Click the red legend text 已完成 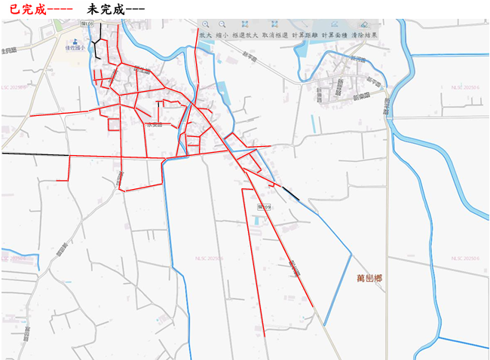point(23,8)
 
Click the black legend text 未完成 point(104,8)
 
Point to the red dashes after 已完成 point(59,8)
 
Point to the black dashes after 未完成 point(135,8)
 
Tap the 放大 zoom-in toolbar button point(205,35)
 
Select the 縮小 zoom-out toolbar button point(222,35)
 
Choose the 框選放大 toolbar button point(246,35)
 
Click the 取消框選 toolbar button point(274,35)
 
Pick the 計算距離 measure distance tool point(305,35)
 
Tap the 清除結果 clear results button point(365,35)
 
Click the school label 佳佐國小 point(75,47)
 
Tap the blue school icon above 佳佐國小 point(75,39)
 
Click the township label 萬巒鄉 point(369,279)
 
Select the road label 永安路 point(154,124)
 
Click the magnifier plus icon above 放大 point(205,25)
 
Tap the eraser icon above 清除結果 point(365,25)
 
